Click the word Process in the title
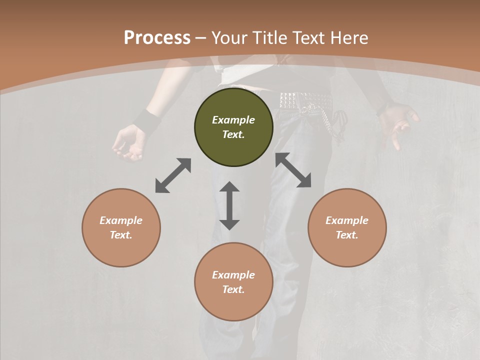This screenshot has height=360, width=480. coord(157,38)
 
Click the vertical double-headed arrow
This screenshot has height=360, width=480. coord(229,205)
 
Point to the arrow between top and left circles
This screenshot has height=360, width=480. coord(173,175)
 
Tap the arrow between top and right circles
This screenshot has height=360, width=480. coord(293,170)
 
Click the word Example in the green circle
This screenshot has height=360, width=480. coord(233,120)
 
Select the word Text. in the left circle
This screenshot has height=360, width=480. coord(121,235)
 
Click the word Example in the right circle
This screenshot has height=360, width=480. coord(347,220)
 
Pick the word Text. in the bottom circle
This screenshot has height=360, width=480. coord(233,289)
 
